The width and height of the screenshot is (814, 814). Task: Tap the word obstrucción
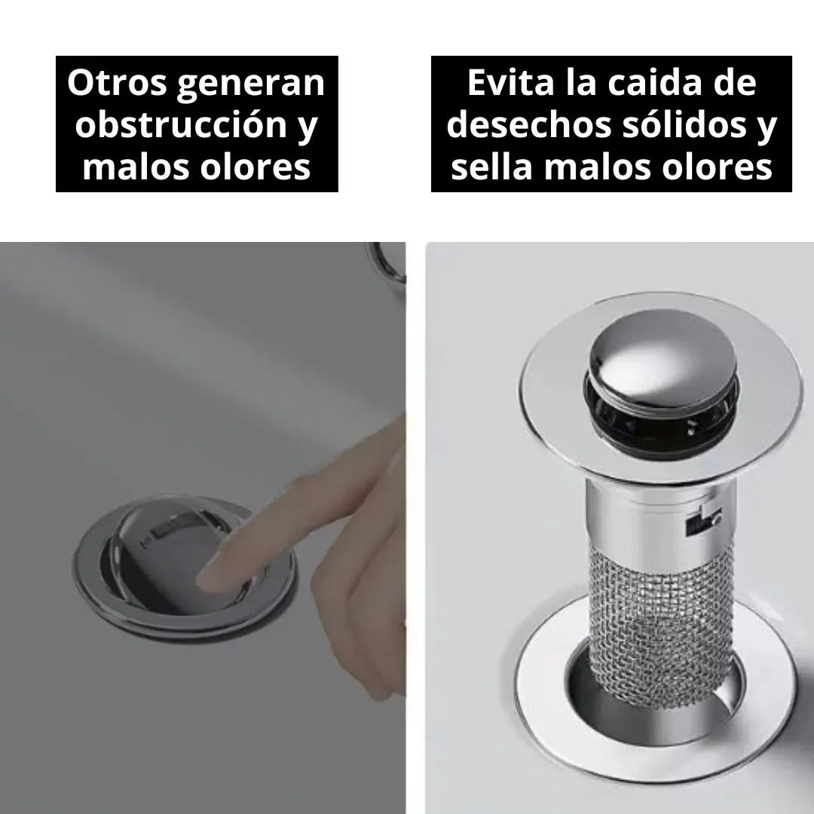181,124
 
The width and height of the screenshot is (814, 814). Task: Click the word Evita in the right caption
511,83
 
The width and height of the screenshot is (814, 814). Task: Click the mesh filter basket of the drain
662,623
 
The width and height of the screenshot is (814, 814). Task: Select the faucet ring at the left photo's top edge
387,262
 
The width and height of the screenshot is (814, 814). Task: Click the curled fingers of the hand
358,597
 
